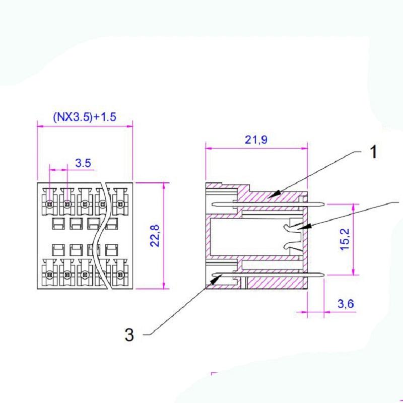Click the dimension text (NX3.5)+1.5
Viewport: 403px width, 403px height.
click(x=85, y=117)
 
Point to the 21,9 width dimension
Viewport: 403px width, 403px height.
click(x=256, y=140)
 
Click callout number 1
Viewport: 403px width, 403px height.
click(x=373, y=152)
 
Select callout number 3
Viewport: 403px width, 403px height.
click(x=129, y=335)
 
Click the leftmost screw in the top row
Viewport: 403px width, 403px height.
click(x=49, y=205)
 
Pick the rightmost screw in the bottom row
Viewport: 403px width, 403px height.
click(x=120, y=276)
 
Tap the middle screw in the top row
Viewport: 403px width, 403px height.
click(x=85, y=205)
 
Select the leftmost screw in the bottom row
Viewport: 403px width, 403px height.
click(x=49, y=276)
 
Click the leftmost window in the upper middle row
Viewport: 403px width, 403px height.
click(x=57, y=223)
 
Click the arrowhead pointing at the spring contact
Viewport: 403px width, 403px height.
click(x=300, y=228)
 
